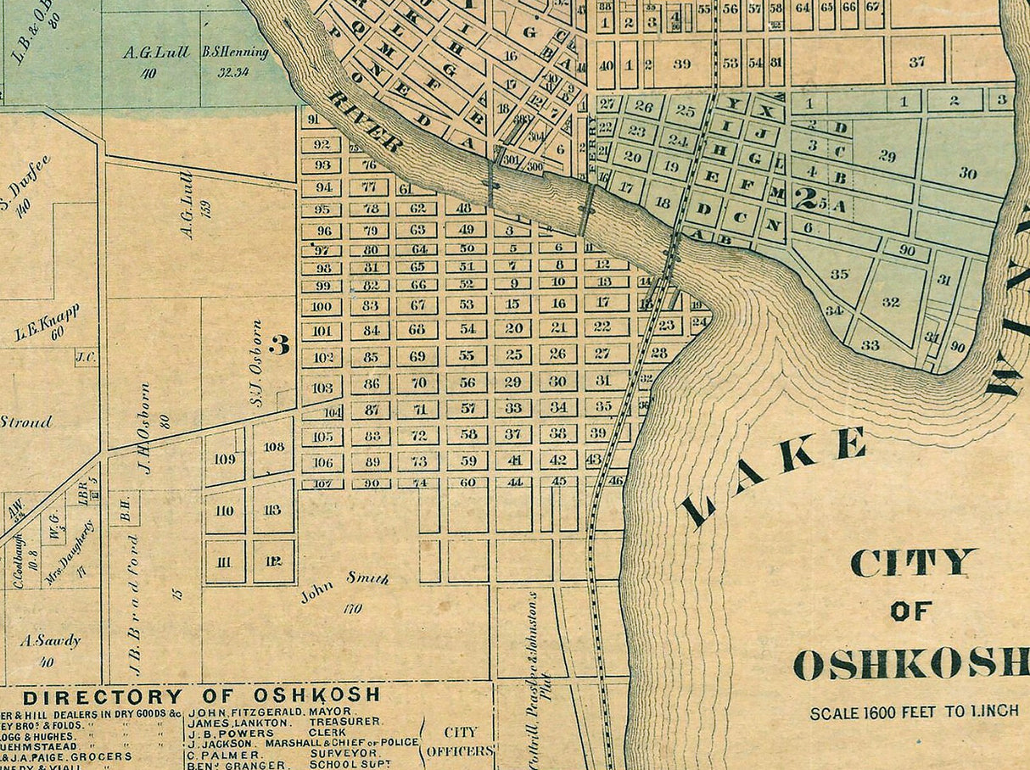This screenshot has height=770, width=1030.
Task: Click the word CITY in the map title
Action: click(x=913, y=562)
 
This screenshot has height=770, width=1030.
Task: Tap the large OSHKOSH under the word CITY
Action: click(x=911, y=664)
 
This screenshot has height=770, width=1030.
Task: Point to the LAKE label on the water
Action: click(x=774, y=477)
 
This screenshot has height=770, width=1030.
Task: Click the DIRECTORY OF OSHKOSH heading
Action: click(x=201, y=696)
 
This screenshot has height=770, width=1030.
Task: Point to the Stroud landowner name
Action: click(x=25, y=421)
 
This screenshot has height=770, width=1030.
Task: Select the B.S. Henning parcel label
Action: click(x=235, y=53)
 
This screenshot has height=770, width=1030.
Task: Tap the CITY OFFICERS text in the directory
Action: click(x=458, y=741)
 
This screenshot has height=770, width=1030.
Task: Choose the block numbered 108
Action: click(x=274, y=447)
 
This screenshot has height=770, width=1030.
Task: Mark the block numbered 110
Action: click(x=225, y=511)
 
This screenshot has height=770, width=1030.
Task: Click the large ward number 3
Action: click(x=278, y=344)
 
